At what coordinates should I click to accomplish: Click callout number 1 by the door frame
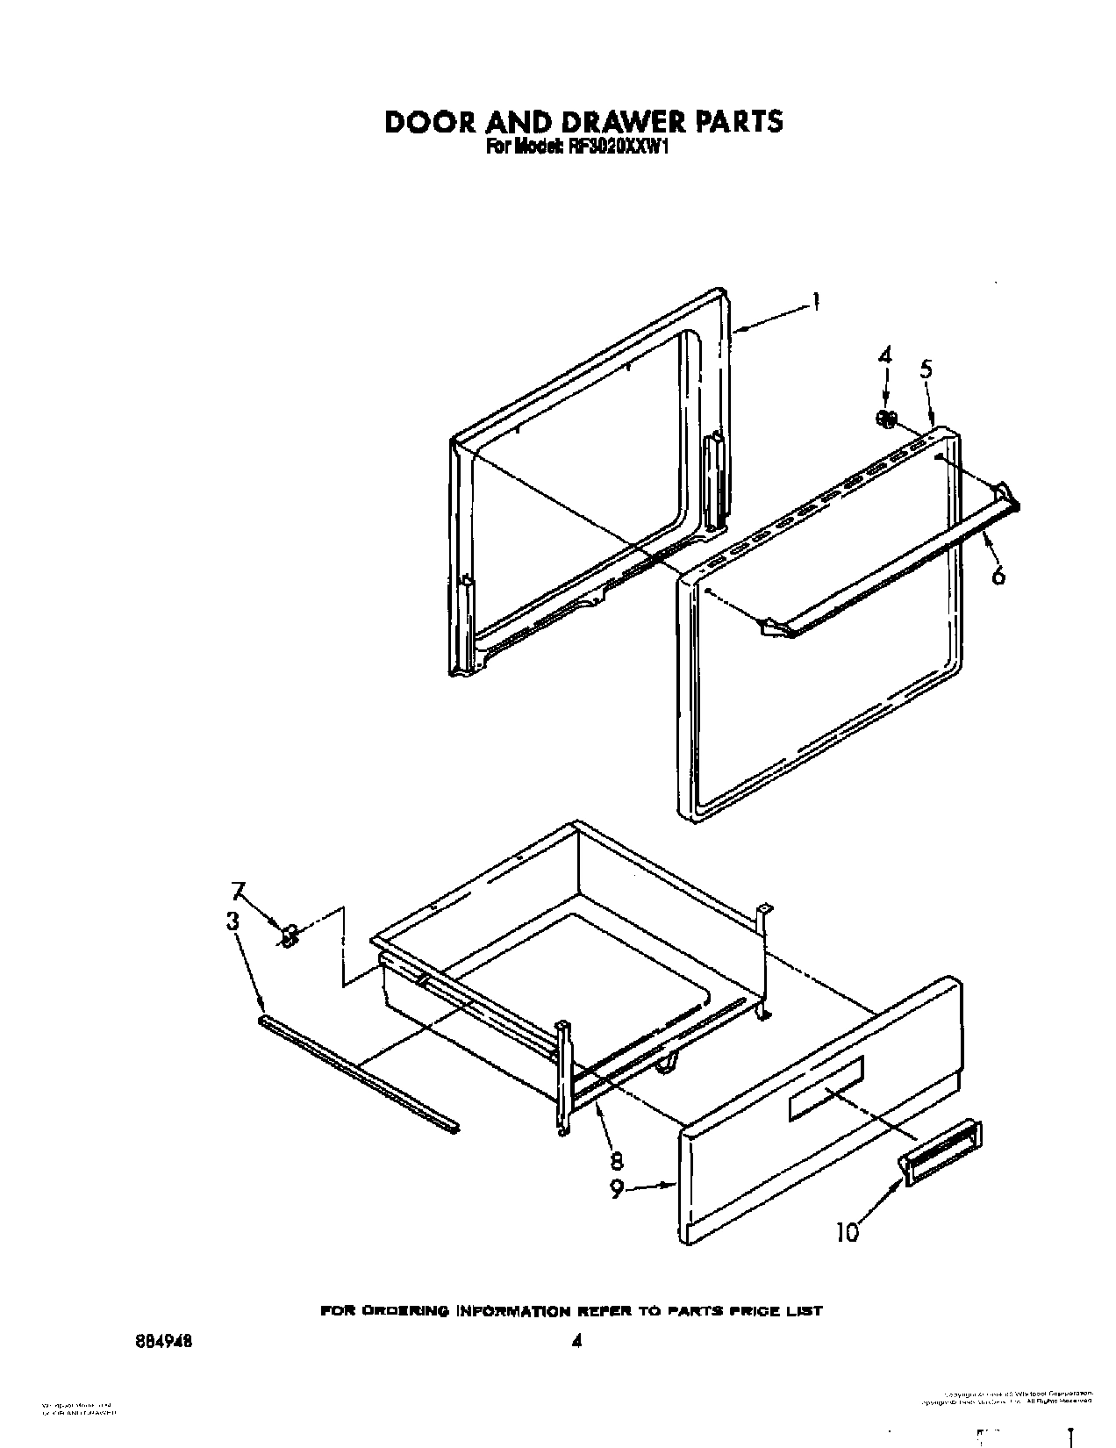(816, 302)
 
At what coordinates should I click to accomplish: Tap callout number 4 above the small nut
(885, 355)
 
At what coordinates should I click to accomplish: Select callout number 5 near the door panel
(926, 369)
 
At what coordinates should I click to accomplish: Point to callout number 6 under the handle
(998, 575)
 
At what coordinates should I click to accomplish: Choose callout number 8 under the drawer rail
(616, 1160)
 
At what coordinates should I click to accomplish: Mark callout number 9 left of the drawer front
(618, 1189)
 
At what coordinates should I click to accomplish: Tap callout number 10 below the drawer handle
(846, 1232)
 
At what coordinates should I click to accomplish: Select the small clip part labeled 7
(288, 936)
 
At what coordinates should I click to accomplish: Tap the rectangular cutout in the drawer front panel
(826, 1087)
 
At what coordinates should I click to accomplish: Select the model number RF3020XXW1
(604, 148)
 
